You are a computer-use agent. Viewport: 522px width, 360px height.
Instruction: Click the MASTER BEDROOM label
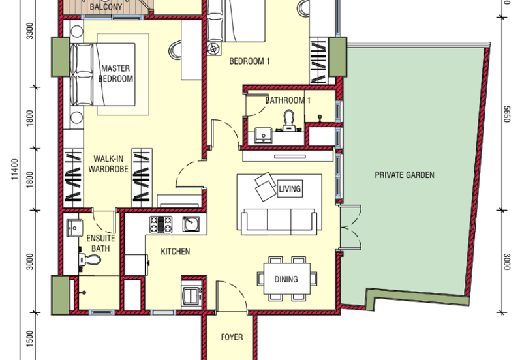(116, 74)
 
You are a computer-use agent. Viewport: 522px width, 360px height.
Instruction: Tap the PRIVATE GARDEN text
(404, 175)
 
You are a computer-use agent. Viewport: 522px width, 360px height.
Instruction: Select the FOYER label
(232, 337)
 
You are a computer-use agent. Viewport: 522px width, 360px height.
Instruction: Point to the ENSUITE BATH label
(99, 243)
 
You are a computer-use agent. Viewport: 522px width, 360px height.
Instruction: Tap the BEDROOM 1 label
(249, 63)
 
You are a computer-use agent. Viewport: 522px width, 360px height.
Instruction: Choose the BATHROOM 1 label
(288, 101)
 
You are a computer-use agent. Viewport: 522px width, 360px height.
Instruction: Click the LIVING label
(289, 189)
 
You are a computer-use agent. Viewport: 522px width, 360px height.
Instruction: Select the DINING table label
(286, 279)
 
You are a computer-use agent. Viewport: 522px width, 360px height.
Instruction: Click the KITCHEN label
(176, 252)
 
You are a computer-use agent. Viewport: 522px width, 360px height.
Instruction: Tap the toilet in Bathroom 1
(290, 119)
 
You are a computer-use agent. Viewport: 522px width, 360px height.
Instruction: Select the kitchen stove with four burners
(161, 225)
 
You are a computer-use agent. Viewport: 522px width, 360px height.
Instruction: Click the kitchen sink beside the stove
(190, 225)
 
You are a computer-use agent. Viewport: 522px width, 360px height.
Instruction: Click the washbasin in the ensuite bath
(74, 228)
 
